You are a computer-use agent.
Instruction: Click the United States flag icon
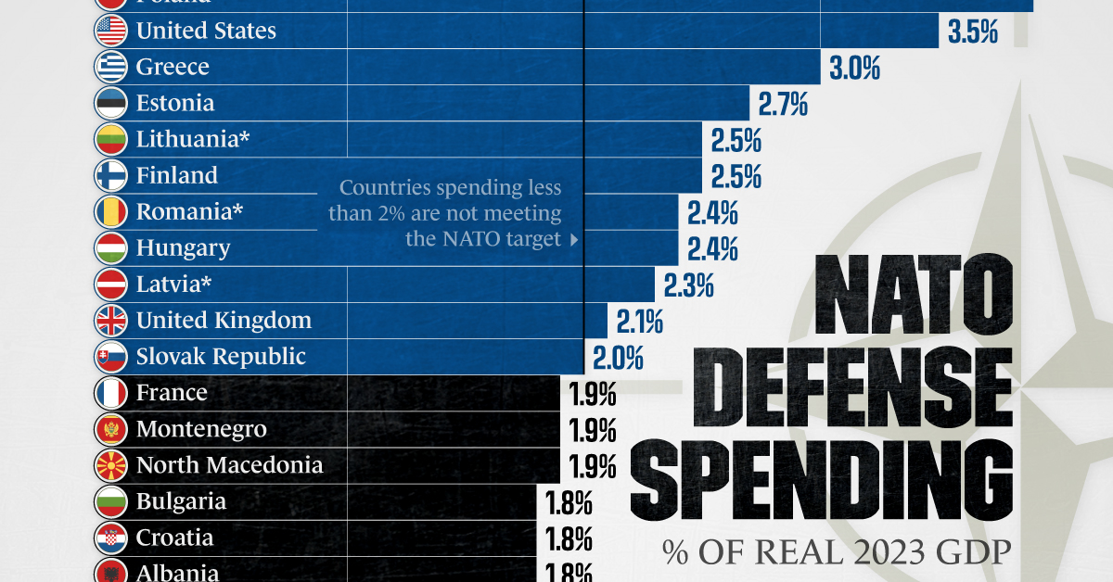click(110, 31)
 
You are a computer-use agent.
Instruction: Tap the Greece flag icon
click(110, 67)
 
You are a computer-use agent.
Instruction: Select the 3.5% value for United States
click(972, 32)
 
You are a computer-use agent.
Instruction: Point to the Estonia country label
click(175, 103)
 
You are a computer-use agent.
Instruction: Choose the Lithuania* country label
click(193, 139)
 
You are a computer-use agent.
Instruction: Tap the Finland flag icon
click(110, 175)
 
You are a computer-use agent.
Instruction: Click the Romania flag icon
click(110, 211)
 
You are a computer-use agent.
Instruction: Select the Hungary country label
click(183, 247)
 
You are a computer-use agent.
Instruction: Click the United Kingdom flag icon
click(110, 320)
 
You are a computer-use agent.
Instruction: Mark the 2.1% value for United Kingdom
click(639, 322)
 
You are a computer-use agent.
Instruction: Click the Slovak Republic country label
click(221, 356)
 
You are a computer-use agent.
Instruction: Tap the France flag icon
click(110, 393)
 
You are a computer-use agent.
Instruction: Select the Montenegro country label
click(201, 429)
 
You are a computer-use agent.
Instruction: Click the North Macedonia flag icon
click(110, 465)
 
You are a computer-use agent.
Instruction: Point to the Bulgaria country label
click(181, 501)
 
